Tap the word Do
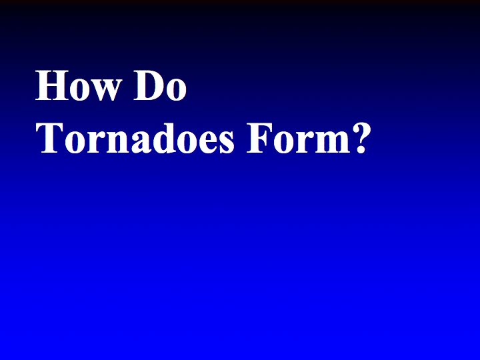[160, 85]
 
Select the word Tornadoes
[135, 139]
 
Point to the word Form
[299, 139]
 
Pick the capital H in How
[52, 85]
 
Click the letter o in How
[80, 90]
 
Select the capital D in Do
[149, 85]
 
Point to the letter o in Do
[176, 90]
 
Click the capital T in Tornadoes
[49, 139]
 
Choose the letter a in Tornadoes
[142, 143]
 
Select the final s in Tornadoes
[227, 143]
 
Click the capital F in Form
[259, 139]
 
